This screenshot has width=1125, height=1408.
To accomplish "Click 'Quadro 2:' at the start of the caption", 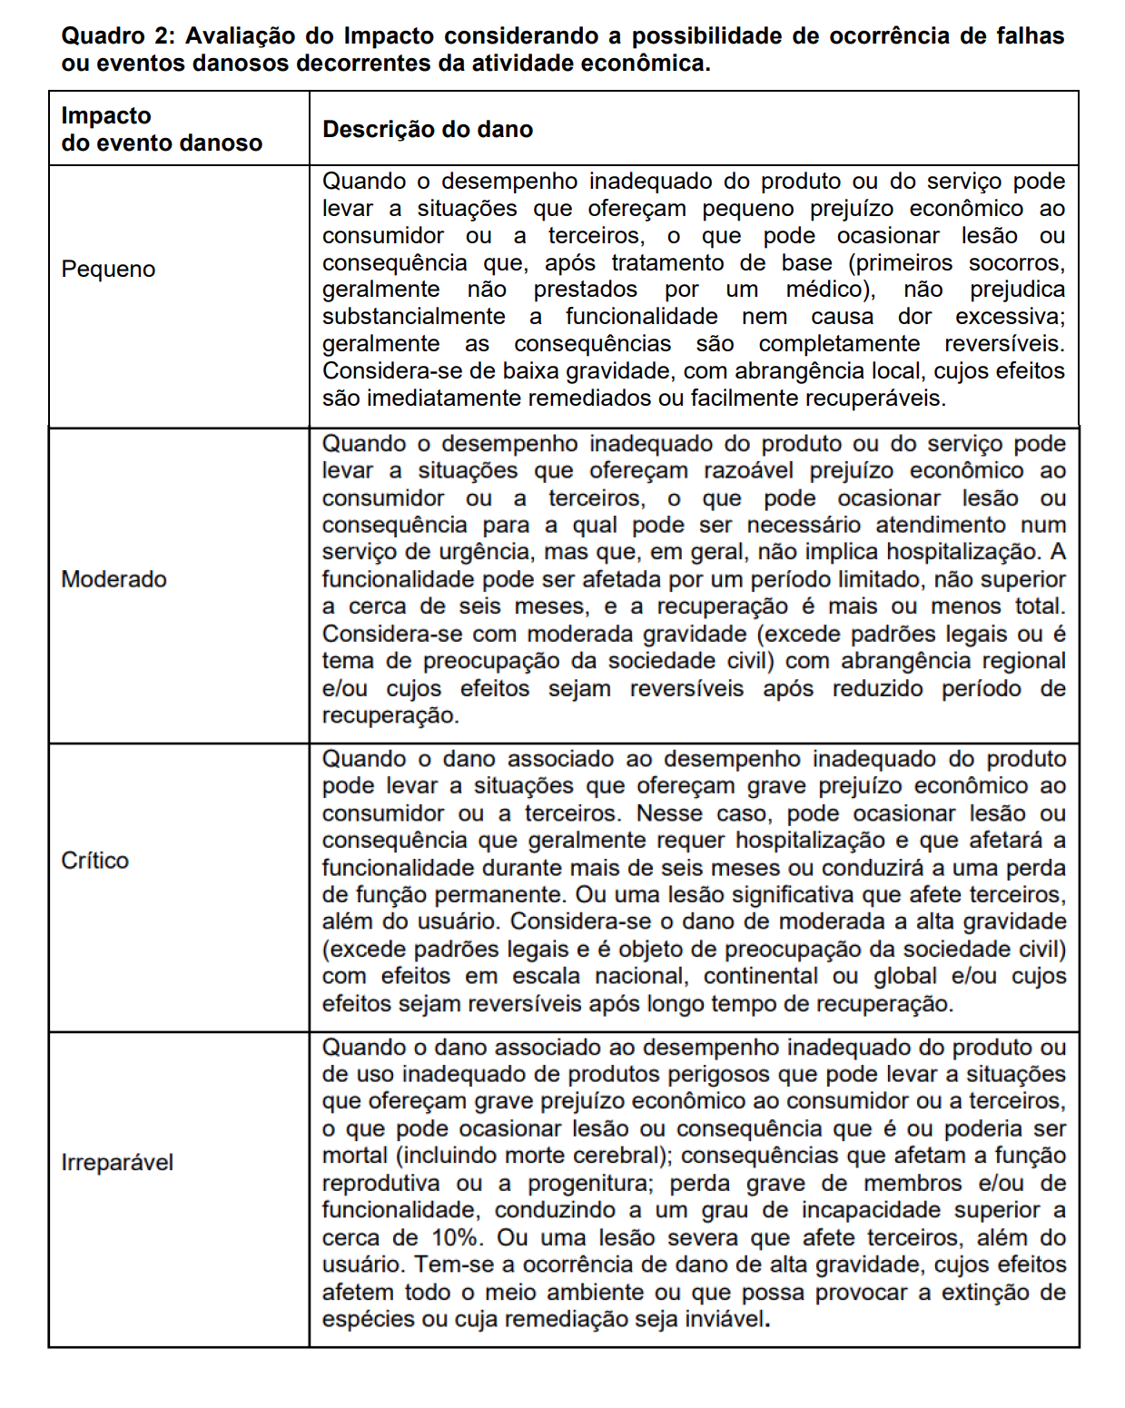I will [116, 36].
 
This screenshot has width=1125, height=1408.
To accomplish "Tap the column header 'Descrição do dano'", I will [428, 130].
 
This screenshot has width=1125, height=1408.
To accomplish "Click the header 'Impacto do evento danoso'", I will [161, 129].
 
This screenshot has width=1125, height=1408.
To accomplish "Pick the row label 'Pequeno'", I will [108, 270].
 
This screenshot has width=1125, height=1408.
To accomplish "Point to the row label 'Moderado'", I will [113, 579].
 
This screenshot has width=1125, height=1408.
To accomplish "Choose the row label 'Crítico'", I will [94, 860].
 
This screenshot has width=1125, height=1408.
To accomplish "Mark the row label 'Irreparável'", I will [116, 1163].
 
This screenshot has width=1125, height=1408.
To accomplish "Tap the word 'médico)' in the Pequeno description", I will [830, 290].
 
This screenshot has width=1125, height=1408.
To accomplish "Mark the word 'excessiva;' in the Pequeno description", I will [1010, 317].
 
